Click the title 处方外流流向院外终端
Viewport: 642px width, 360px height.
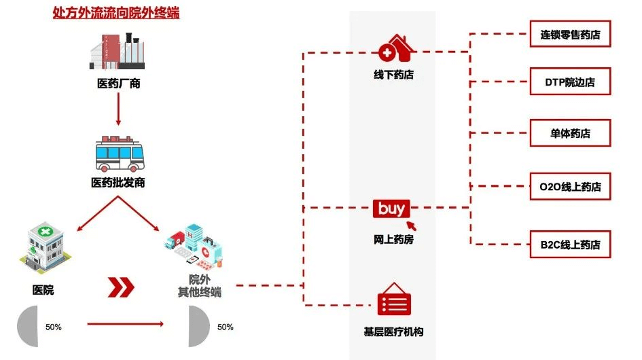point(116,12)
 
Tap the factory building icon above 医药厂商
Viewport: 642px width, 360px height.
point(118,50)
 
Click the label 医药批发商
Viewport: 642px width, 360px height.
point(118,183)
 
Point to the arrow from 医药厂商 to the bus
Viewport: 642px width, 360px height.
point(118,109)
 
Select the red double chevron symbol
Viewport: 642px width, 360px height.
point(122,287)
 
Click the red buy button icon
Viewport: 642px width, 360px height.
point(391,209)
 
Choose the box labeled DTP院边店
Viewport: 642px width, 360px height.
point(570,83)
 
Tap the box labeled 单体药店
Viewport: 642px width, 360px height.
point(570,132)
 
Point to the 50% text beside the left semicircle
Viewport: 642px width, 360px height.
point(54,327)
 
